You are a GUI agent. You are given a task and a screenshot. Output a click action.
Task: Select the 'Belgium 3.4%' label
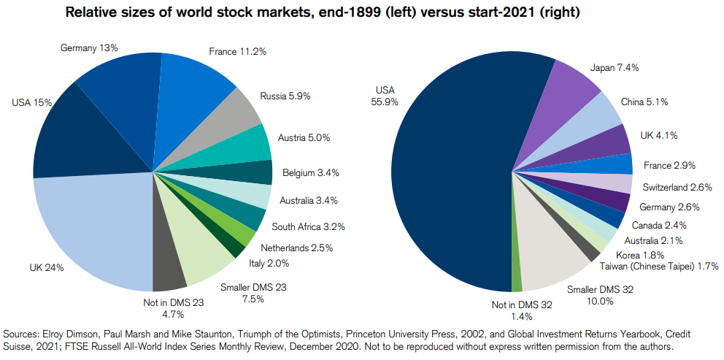pyautogui.click(x=309, y=172)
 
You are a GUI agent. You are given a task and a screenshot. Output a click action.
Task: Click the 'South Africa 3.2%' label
pyautogui.click(x=308, y=226)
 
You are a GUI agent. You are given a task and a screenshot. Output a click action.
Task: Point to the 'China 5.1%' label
pyautogui.click(x=644, y=102)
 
